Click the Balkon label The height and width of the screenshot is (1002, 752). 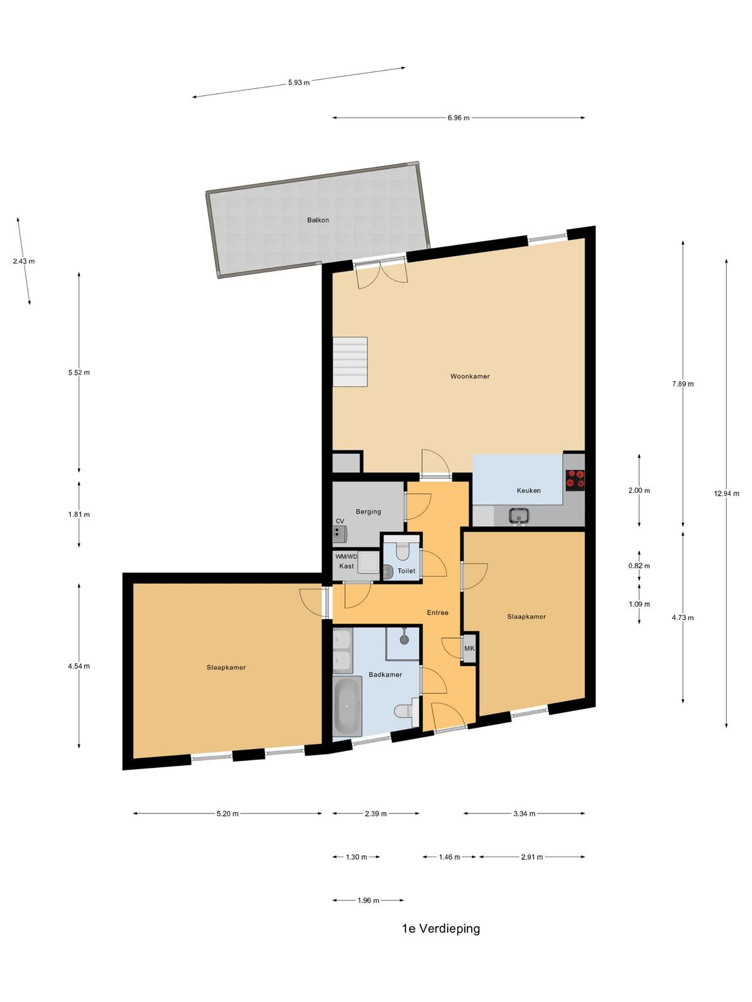(318, 220)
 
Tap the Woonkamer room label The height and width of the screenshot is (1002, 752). (470, 376)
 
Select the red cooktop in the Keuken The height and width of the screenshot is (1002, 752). (575, 480)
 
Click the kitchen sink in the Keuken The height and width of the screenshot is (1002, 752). (519, 516)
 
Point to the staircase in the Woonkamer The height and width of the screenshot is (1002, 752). (350, 361)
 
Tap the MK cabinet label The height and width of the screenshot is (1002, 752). (469, 648)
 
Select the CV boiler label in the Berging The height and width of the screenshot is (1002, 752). (340, 521)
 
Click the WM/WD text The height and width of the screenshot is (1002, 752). (346, 557)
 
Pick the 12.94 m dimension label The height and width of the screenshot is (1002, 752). (726, 493)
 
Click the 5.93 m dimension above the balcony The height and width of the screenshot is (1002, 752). (299, 83)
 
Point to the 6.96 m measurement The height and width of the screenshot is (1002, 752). (459, 118)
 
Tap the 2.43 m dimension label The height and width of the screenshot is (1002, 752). (24, 261)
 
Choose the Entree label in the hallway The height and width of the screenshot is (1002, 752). (437, 612)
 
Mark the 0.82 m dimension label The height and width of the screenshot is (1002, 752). (639, 566)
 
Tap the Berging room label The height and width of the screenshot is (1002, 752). (368, 512)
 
